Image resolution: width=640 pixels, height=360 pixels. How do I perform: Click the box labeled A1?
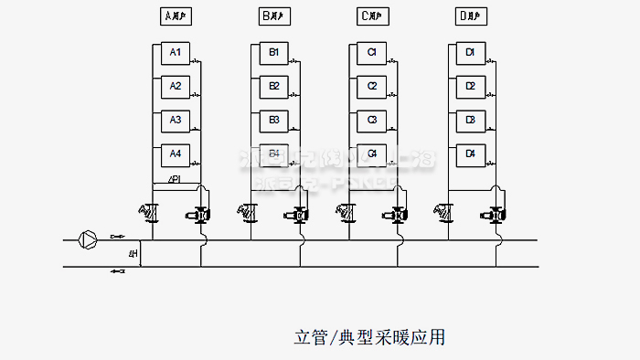point(175,53)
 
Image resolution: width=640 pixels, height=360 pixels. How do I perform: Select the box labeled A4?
point(175,154)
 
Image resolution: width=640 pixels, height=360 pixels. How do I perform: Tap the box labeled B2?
point(273,86)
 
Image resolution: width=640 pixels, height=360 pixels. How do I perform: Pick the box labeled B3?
point(273,120)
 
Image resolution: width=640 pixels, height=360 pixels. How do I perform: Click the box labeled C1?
point(372,53)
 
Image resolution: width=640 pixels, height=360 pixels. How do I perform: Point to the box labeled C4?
point(372,154)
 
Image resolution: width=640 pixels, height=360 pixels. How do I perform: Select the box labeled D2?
point(470,86)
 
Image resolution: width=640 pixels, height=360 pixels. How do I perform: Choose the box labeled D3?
point(470,120)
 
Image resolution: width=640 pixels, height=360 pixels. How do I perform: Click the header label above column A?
point(175,16)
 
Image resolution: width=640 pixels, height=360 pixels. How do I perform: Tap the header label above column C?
point(372,16)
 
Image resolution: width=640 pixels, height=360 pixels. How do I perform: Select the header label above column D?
point(470,16)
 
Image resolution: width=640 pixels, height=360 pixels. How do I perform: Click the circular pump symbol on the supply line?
point(89,239)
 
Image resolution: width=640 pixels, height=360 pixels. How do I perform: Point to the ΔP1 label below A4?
point(175,179)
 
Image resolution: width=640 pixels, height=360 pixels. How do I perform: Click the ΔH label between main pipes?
point(133,253)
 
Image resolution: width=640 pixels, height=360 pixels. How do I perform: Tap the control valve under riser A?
point(200,216)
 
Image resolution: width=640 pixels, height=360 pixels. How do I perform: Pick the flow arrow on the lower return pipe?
point(117,271)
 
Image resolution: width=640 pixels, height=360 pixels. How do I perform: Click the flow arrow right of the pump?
point(115,237)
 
